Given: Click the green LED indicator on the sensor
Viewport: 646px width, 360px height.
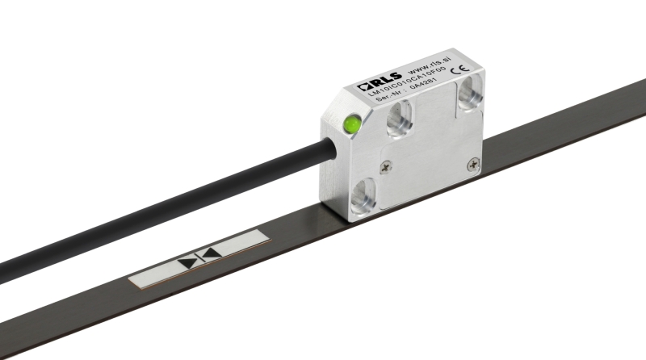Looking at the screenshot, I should [x=352, y=125].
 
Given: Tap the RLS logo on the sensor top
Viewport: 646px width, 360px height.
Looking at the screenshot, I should [x=372, y=83].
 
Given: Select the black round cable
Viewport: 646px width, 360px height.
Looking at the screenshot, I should [x=161, y=209].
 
